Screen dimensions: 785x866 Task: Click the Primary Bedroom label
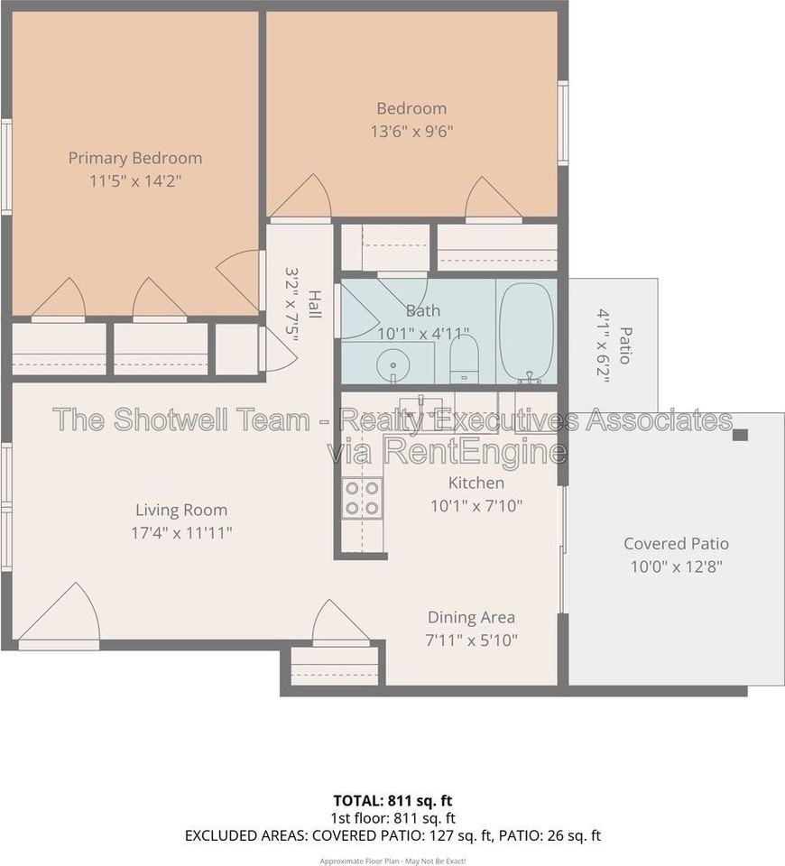click(x=135, y=159)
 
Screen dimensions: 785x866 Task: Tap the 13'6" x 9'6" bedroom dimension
click(x=411, y=132)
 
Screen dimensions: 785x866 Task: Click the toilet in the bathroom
click(x=464, y=359)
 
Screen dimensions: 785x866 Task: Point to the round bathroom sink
click(x=392, y=365)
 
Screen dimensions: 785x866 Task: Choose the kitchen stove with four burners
click(x=362, y=498)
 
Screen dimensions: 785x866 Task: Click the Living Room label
click(x=181, y=510)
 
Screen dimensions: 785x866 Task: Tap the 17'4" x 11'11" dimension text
click(x=181, y=533)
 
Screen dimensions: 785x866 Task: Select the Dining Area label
click(x=471, y=617)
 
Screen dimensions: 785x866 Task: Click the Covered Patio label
click(x=676, y=543)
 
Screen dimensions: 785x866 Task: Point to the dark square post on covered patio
click(x=740, y=435)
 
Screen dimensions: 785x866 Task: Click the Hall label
click(x=314, y=304)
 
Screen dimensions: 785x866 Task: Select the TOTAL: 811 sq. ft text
click(x=392, y=800)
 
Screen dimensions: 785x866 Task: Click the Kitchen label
click(x=476, y=483)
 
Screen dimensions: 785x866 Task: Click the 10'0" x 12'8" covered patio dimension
click(x=677, y=567)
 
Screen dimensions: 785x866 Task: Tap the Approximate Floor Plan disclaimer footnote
click(x=392, y=861)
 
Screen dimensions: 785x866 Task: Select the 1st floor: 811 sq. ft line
click(x=392, y=818)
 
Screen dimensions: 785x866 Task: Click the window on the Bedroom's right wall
click(x=562, y=123)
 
